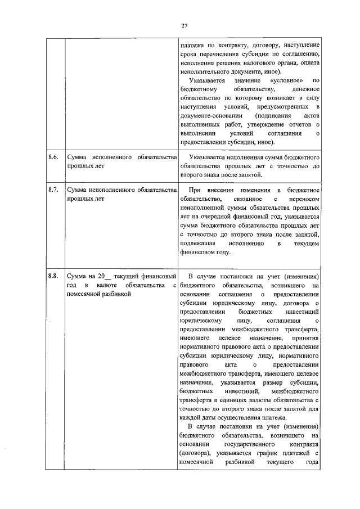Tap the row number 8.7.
(53, 191)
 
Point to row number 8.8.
(53, 276)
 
